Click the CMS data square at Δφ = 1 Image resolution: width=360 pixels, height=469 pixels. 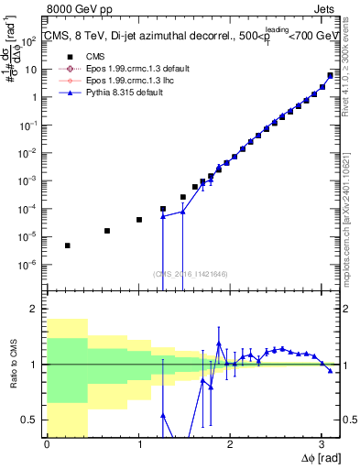[139, 220]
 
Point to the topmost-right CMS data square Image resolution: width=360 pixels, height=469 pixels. [331, 75]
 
